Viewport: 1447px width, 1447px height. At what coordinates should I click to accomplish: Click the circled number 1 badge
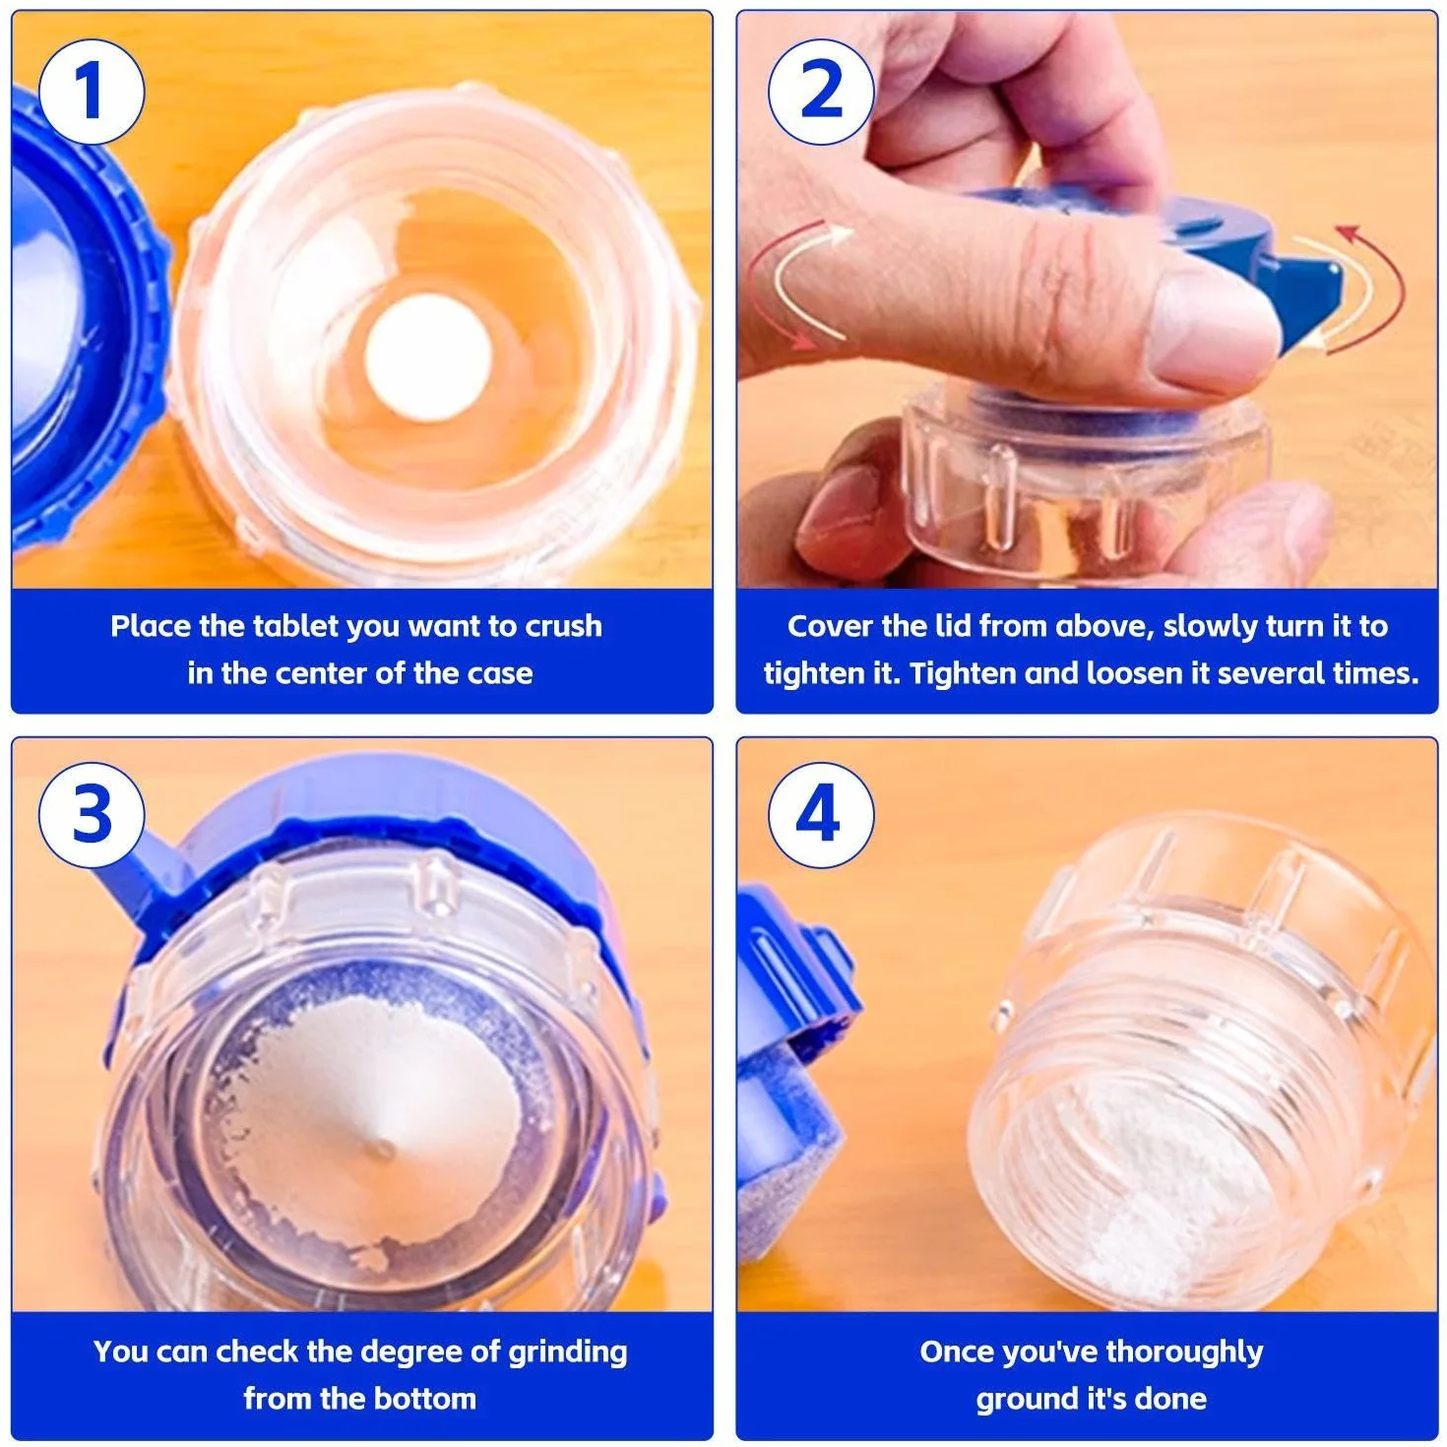click(91, 92)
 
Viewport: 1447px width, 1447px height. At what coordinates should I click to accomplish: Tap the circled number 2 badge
click(821, 92)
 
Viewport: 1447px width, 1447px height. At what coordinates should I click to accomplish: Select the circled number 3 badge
click(91, 815)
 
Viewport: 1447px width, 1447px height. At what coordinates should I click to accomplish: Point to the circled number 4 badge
click(821, 815)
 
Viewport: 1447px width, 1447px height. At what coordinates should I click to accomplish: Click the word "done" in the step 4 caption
click(1170, 1399)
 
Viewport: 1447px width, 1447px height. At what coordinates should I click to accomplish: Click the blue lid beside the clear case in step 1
click(83, 323)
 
